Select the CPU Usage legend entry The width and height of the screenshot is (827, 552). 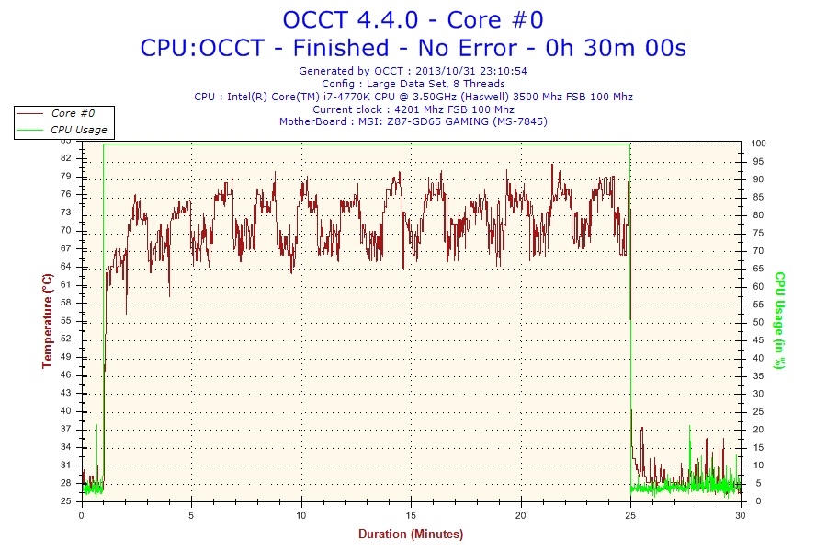[x=78, y=130]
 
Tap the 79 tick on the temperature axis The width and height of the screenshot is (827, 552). [x=65, y=177]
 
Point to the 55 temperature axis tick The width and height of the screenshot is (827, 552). [x=65, y=320]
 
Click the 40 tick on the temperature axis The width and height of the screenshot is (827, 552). [x=65, y=410]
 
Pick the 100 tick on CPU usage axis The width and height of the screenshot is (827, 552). [x=758, y=144]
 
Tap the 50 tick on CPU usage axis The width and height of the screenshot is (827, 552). [x=755, y=322]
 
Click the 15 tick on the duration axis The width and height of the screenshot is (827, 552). [x=411, y=516]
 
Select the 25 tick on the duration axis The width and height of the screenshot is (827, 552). [x=631, y=516]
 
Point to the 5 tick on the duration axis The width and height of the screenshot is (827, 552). [x=191, y=516]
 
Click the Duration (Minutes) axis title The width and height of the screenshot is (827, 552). [x=411, y=535]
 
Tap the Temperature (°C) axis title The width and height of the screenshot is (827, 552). [x=47, y=321]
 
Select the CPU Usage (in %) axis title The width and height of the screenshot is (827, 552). [x=779, y=320]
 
